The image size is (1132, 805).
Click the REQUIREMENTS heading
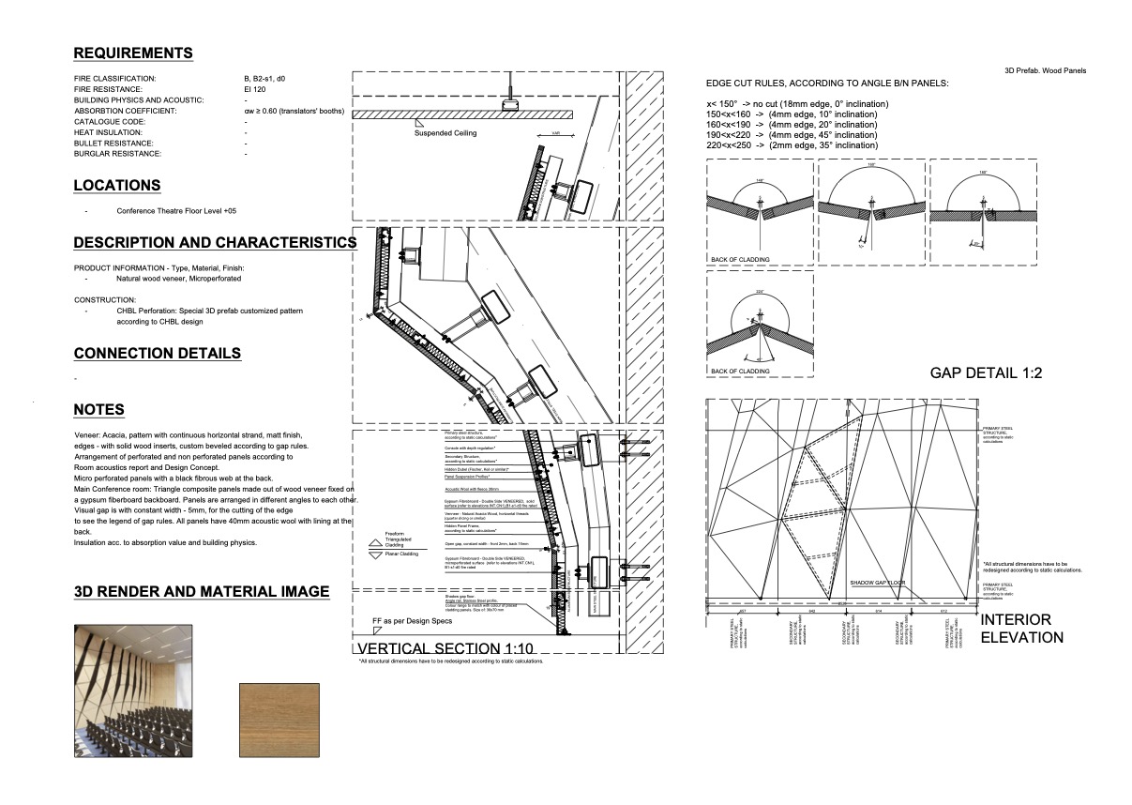click(x=133, y=53)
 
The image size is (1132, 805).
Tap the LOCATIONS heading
click(x=117, y=186)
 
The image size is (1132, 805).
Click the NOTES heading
click(x=98, y=410)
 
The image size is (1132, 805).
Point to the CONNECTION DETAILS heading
click(x=158, y=354)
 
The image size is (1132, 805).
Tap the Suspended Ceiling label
click(x=445, y=133)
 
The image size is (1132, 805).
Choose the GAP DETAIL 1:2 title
click(x=987, y=373)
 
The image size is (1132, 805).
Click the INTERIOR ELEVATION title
click(x=1021, y=629)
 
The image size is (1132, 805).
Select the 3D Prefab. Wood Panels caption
click(x=1045, y=71)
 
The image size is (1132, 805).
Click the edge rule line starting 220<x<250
click(x=792, y=145)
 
